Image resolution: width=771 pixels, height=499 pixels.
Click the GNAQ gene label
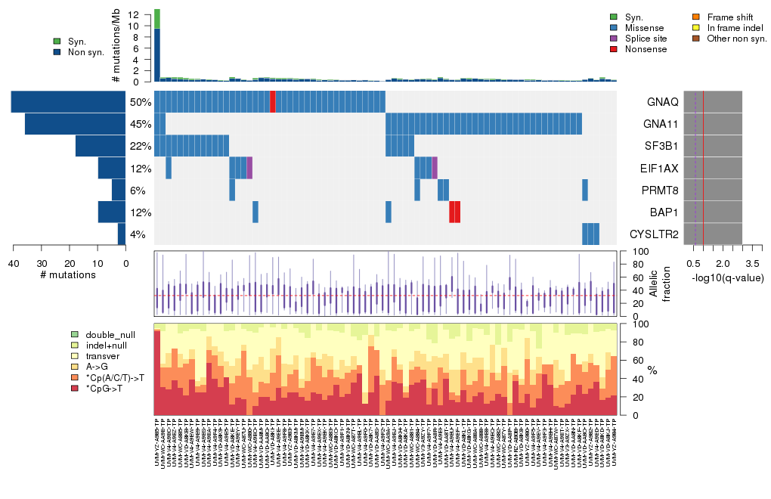pos(662,101)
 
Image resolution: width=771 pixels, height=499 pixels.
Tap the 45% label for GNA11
pos(141,124)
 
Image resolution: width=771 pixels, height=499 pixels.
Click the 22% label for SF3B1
pos(141,146)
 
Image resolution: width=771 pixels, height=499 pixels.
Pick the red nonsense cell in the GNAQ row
pos(272,101)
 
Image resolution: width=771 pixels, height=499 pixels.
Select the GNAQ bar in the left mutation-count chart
pos(68,101)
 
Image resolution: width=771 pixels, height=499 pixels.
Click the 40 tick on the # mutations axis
pos(13,263)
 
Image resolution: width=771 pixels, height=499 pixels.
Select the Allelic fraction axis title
pos(655,284)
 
